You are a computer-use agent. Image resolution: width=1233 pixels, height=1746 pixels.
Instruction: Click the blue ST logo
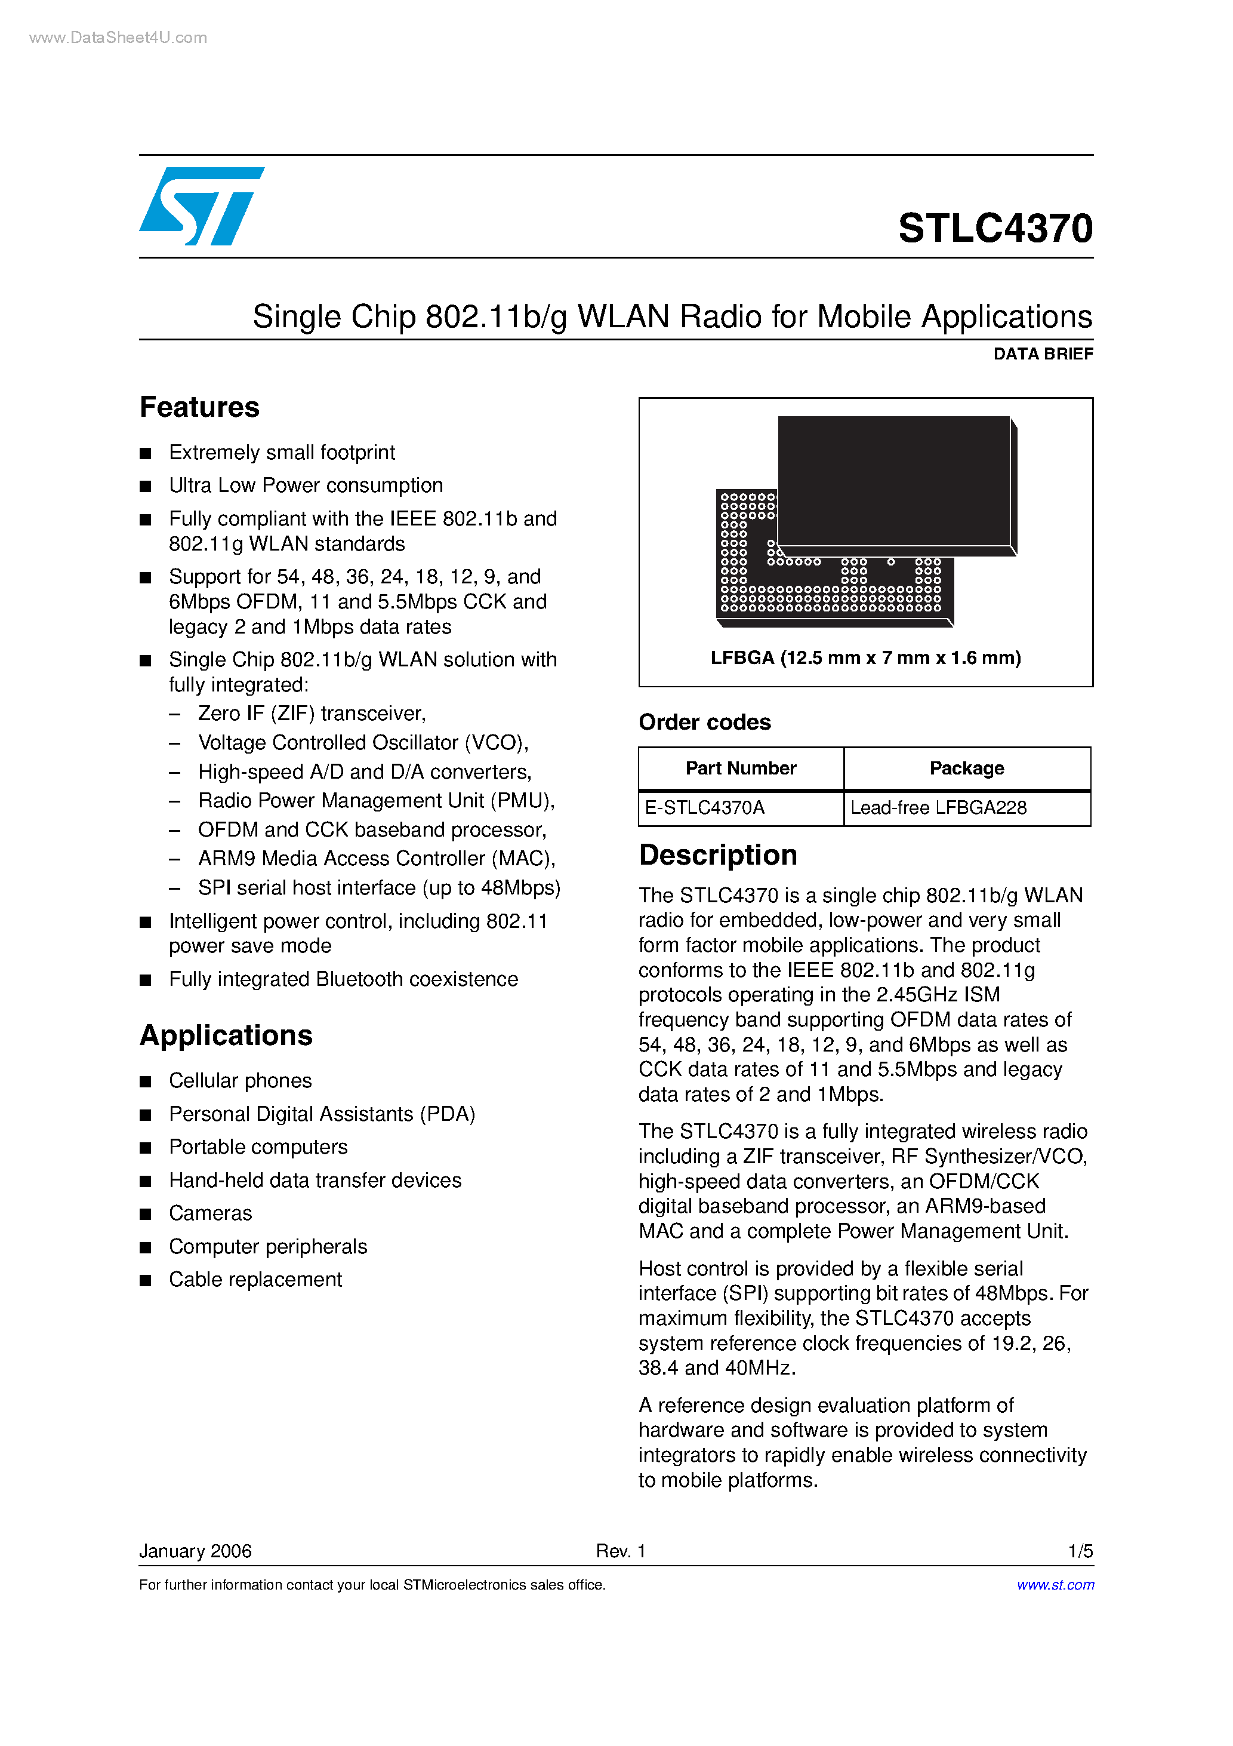click(x=201, y=206)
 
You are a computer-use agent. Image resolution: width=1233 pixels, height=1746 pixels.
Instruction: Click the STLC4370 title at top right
click(x=995, y=228)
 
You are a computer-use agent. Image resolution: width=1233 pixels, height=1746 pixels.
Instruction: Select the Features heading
click(x=199, y=408)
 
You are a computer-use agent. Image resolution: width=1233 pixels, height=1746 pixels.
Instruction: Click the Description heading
click(x=717, y=854)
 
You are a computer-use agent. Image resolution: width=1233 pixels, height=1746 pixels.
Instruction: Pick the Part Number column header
click(x=741, y=768)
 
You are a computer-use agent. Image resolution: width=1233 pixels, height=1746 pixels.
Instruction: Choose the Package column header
click(x=966, y=768)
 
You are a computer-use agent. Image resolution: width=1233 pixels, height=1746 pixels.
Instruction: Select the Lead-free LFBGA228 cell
click(x=938, y=807)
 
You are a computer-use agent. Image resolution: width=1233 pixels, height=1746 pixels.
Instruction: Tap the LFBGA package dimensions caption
click(x=865, y=658)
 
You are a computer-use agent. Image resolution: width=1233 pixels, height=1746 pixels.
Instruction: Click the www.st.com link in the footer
click(x=1055, y=1585)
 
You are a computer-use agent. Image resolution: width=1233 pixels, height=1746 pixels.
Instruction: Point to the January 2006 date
click(x=195, y=1551)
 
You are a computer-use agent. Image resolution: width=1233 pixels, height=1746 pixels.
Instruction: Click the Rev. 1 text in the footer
click(x=620, y=1551)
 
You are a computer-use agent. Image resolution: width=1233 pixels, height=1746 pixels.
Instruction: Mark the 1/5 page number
click(x=1080, y=1551)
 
